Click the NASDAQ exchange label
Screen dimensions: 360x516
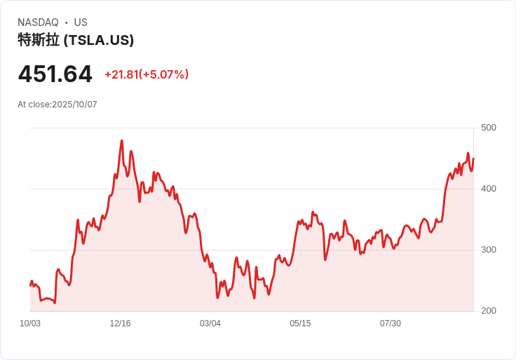(38, 22)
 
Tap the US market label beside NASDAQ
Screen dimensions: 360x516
(81, 22)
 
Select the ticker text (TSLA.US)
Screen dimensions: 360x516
(99, 40)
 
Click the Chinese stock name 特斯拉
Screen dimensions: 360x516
(39, 40)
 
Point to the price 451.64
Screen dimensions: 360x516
(55, 74)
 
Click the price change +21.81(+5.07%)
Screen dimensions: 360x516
(147, 74)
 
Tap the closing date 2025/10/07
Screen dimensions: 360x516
(74, 105)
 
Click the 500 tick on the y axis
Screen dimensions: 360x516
(488, 128)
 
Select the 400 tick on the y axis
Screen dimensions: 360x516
(488, 189)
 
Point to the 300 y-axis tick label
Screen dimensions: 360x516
(488, 250)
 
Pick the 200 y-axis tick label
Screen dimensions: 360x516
(488, 311)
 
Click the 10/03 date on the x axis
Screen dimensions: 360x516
(30, 324)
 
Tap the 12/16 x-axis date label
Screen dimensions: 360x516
(120, 324)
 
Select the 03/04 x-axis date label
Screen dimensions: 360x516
(210, 324)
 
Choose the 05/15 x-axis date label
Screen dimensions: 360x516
(300, 324)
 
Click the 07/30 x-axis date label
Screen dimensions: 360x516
(391, 324)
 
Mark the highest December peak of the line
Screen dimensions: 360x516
(122, 140)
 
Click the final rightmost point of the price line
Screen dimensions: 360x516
(473, 159)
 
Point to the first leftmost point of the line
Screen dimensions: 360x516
(30, 285)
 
